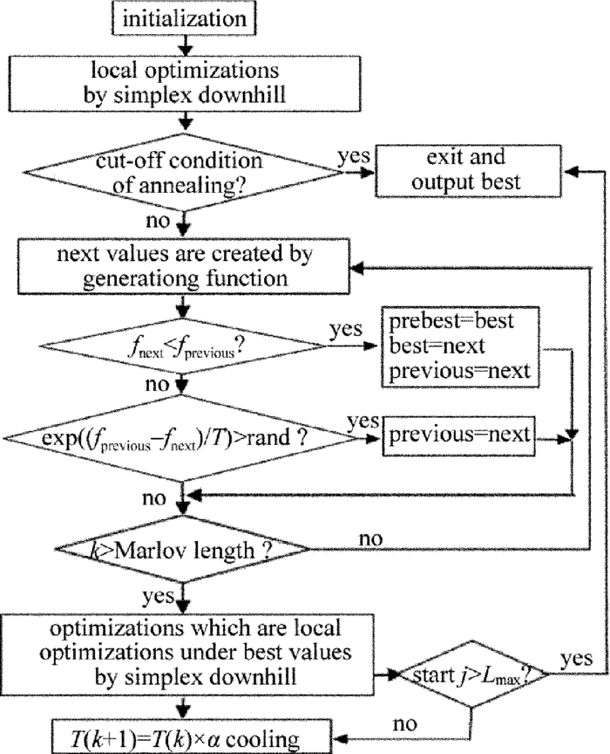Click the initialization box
pyautogui.click(x=182, y=17)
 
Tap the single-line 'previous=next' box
pyautogui.click(x=457, y=435)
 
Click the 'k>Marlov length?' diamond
pyautogui.click(x=182, y=551)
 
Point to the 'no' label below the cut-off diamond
pyautogui.click(x=157, y=222)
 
